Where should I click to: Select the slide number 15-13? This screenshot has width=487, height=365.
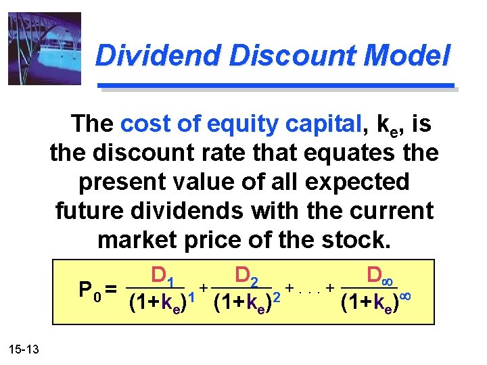(24, 349)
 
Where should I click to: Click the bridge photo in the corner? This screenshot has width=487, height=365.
(44, 48)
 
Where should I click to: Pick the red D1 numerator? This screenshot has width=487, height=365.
(164, 276)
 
